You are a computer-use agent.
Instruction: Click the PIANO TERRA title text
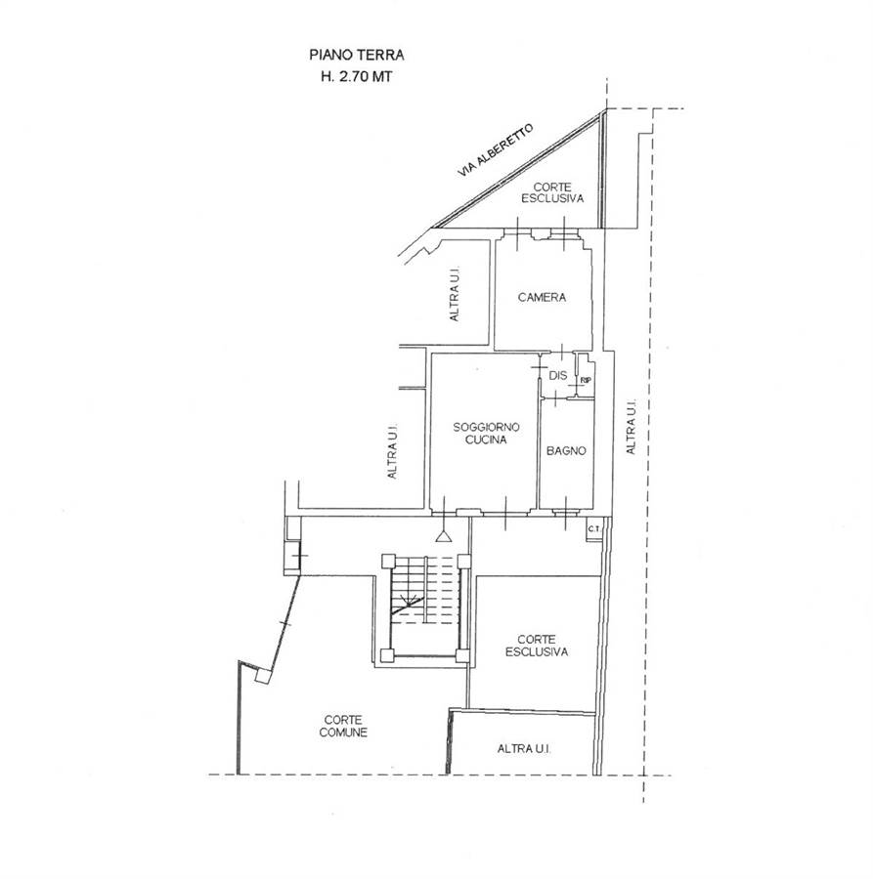tap(356, 55)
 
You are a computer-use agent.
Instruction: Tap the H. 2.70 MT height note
tap(356, 77)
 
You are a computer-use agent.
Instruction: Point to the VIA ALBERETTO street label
tap(495, 150)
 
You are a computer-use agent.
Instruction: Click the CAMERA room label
tap(542, 297)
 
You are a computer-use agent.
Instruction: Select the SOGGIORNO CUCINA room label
tap(487, 434)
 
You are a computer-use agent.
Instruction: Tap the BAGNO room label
tap(566, 450)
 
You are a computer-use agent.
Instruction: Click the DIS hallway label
tap(558, 376)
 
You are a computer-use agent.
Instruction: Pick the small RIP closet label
tap(586, 381)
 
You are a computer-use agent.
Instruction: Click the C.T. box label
tap(594, 528)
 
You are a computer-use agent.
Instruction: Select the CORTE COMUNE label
tap(343, 726)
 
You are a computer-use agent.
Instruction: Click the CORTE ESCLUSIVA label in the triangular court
tap(552, 192)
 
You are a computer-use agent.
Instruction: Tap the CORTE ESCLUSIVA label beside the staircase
tap(537, 646)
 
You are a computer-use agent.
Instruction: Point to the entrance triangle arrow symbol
tap(444, 536)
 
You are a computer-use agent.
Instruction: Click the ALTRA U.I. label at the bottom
tap(524, 749)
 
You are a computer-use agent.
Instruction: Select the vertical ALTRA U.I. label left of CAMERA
tap(455, 294)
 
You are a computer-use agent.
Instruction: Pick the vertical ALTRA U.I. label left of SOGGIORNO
tap(392, 450)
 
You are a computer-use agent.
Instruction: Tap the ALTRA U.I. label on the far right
tap(632, 427)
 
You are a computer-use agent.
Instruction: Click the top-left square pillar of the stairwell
tap(388, 562)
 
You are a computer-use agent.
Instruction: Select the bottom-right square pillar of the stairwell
tap(462, 656)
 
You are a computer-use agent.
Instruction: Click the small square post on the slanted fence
tap(262, 676)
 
